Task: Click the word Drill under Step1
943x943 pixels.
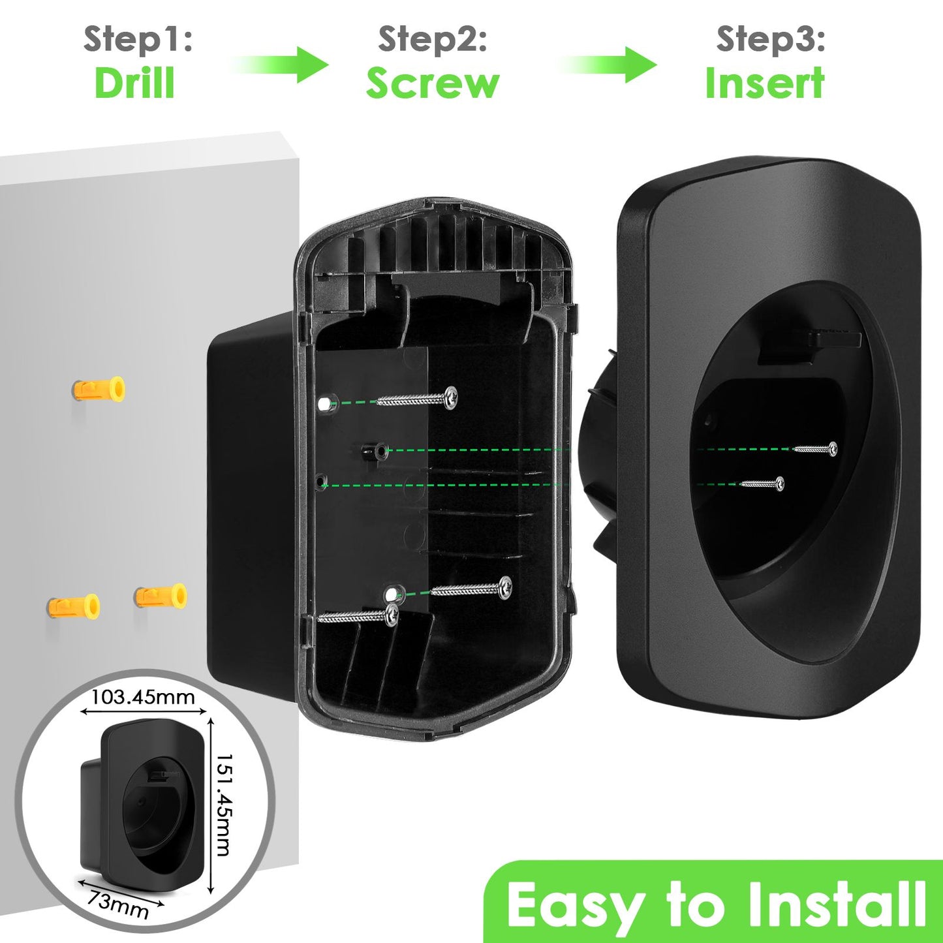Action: (x=134, y=83)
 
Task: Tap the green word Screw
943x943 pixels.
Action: (x=433, y=83)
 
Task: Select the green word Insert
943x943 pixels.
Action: (x=765, y=82)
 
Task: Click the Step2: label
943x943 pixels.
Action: (x=433, y=39)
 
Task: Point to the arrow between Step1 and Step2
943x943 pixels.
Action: (x=279, y=65)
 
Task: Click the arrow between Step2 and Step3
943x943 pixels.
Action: (x=607, y=65)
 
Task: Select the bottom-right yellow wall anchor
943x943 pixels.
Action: (x=161, y=596)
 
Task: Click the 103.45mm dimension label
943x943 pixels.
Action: (x=143, y=697)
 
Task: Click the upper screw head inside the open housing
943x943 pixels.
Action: (x=450, y=397)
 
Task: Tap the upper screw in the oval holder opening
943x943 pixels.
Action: (x=815, y=448)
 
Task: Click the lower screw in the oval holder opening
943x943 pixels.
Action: (x=762, y=484)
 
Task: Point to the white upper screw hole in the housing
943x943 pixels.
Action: (x=324, y=404)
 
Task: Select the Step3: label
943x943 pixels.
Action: (x=771, y=39)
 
